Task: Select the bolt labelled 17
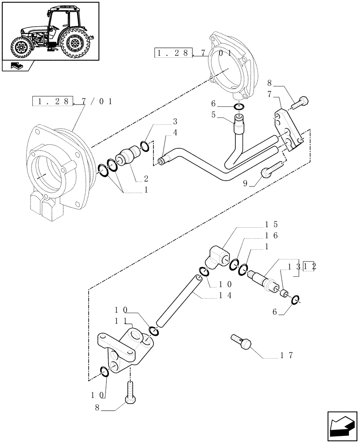point(242,343)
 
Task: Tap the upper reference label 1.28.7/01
point(193,54)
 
